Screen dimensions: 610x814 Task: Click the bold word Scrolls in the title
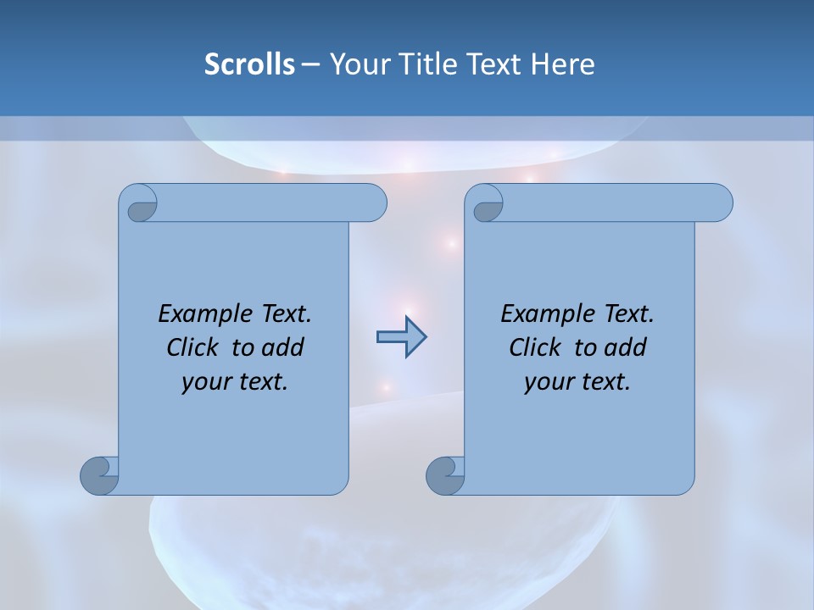point(249,64)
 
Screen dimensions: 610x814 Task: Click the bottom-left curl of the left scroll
point(98,475)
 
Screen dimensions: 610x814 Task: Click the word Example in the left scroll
point(202,314)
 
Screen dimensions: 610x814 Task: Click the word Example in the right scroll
point(544,314)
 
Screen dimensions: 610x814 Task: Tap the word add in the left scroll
point(283,348)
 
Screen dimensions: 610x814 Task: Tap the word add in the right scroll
point(626,348)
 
